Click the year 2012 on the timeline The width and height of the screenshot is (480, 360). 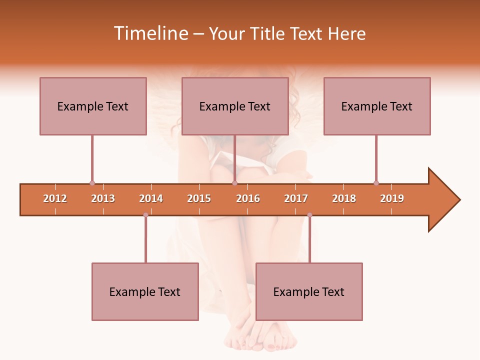(x=55, y=198)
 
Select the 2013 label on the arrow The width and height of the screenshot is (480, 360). (x=103, y=198)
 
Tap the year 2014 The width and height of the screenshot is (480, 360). (x=151, y=198)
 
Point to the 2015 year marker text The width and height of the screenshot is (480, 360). (x=199, y=198)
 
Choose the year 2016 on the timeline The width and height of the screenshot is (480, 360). (x=248, y=198)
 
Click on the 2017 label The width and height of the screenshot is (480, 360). (x=296, y=198)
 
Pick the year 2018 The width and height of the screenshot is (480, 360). (x=344, y=198)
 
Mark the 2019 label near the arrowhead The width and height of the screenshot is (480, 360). (x=392, y=198)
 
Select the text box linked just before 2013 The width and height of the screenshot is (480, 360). (x=93, y=106)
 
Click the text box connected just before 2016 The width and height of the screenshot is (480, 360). (x=235, y=106)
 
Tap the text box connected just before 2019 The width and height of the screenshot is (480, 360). (x=377, y=106)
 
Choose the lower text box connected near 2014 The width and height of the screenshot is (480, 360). (x=145, y=291)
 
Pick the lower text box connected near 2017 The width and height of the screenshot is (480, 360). (x=309, y=291)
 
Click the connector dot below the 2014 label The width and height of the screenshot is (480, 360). (x=145, y=215)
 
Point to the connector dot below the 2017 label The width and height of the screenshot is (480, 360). (x=309, y=215)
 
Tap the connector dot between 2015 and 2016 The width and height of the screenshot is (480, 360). (x=234, y=183)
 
